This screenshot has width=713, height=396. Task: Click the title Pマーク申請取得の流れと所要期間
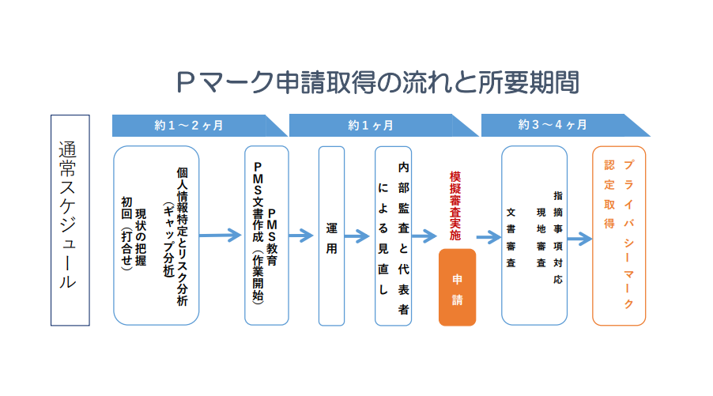377,82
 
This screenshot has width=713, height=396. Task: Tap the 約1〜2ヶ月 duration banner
199,126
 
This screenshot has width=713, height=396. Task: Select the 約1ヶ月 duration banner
383,126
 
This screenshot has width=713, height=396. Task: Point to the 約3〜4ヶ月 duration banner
565,125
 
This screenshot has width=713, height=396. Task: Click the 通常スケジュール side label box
70,221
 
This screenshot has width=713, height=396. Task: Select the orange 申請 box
457,288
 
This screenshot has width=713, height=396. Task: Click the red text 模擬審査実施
455,206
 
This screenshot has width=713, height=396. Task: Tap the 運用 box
331,236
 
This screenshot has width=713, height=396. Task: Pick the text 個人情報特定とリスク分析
183,236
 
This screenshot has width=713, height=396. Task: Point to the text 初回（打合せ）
126,234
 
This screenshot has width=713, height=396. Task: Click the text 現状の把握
141,237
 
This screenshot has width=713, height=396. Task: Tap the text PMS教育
272,237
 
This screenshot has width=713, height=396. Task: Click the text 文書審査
511,237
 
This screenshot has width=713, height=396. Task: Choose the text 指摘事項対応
558,237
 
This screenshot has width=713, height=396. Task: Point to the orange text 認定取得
609,194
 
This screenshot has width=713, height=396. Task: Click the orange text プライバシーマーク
628,234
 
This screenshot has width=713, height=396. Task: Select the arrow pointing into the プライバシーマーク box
579,239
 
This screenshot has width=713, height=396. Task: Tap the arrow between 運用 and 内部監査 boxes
357,236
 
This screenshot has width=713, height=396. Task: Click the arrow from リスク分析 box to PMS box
220,235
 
